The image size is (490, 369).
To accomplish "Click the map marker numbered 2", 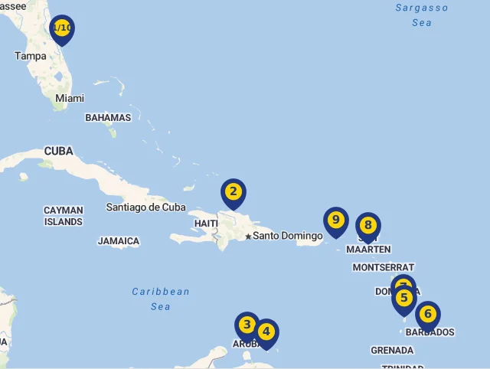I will [x=234, y=192].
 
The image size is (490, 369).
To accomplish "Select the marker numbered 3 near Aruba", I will [x=247, y=325].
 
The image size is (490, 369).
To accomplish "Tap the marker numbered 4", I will [x=266, y=332].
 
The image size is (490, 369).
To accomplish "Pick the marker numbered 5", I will [x=404, y=298].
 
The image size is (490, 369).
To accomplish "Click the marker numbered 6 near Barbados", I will [x=428, y=314].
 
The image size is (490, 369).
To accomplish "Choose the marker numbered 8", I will [x=368, y=225].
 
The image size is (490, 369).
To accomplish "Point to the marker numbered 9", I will [x=335, y=220].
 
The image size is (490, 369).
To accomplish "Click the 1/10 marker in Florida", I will [x=62, y=28].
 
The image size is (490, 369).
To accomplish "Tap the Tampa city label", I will [x=31, y=56].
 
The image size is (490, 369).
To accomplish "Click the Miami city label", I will [x=70, y=98].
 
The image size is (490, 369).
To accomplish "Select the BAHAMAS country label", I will [x=108, y=118].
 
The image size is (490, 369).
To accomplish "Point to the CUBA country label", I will [x=58, y=151].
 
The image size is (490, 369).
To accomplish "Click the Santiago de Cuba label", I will [x=145, y=207].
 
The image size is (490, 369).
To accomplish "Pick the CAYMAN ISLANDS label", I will [x=64, y=216].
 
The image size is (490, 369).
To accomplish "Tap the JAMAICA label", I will [x=119, y=241].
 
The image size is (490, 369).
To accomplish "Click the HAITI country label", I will [x=206, y=223].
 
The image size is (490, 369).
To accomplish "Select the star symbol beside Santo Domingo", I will [x=248, y=237].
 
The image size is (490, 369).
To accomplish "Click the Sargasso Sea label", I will [x=422, y=15].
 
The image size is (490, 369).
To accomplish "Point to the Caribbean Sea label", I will [x=161, y=299].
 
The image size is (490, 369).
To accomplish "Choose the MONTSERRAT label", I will [x=383, y=267].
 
